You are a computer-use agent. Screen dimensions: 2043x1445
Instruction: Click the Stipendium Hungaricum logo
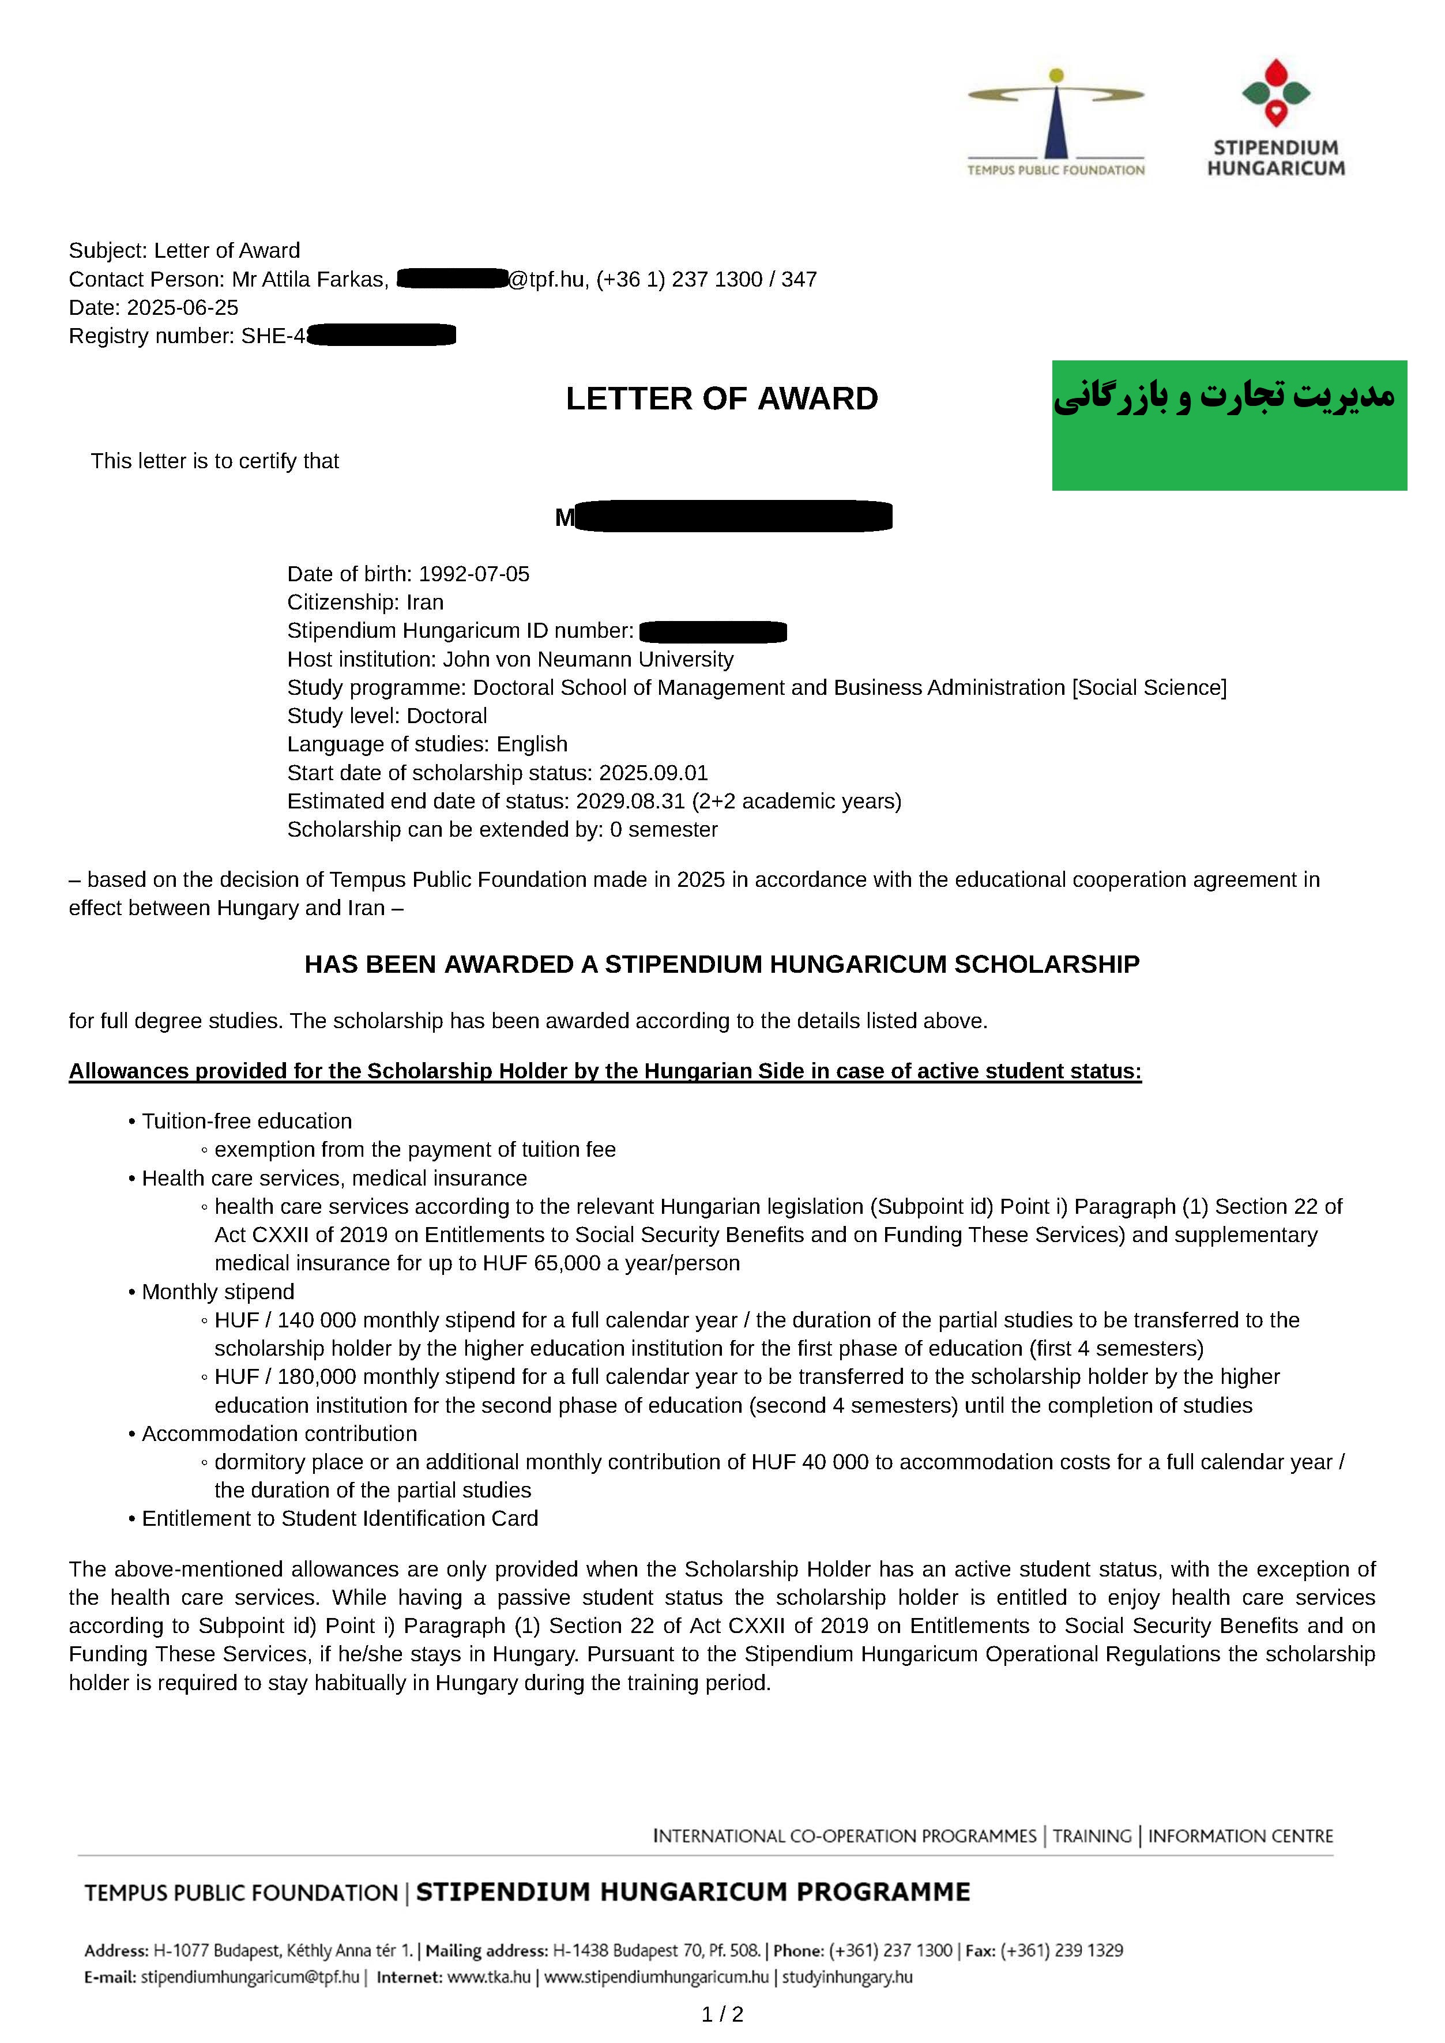[1276, 118]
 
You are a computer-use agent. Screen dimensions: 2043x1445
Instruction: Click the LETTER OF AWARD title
[721, 398]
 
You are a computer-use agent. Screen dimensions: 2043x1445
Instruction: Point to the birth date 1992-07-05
[473, 574]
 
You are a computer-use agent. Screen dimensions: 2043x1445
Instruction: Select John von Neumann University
[588, 659]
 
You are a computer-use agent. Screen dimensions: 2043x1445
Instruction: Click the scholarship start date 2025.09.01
[653, 773]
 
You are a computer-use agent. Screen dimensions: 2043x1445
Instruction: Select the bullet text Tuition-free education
[246, 1121]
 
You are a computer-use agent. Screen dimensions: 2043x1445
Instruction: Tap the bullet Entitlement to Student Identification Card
[340, 1519]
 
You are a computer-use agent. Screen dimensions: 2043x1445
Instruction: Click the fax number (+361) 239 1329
[1062, 1951]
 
